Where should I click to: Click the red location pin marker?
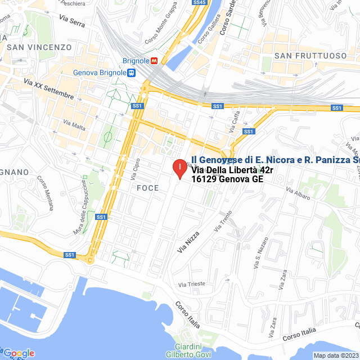pyautogui.click(x=179, y=168)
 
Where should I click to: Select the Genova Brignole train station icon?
pyautogui.click(x=130, y=73)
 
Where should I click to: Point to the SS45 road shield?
pyautogui.click(x=199, y=3)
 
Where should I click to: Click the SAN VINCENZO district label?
pyautogui.click(x=39, y=48)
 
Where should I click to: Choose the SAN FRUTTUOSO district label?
pyautogui.click(x=310, y=56)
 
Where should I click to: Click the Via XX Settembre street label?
pyautogui.click(x=49, y=89)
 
